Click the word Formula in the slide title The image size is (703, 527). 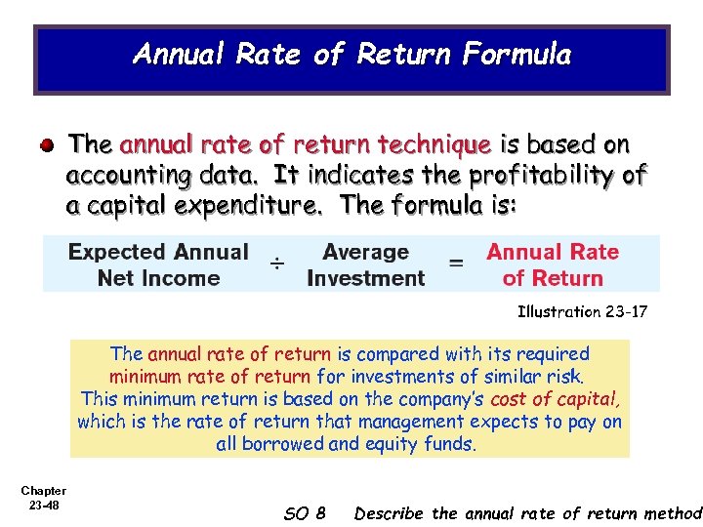[x=517, y=54]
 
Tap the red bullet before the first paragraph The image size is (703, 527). [x=47, y=145]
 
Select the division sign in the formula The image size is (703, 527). [x=278, y=263]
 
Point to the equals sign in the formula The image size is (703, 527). [x=456, y=263]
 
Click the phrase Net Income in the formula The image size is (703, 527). [x=158, y=278]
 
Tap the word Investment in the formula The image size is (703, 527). [x=365, y=278]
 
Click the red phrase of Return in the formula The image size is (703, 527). [x=553, y=278]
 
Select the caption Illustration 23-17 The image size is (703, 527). [x=582, y=312]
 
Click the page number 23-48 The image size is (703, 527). [x=44, y=505]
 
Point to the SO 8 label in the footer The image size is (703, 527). [x=304, y=513]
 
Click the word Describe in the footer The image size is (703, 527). [x=390, y=513]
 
